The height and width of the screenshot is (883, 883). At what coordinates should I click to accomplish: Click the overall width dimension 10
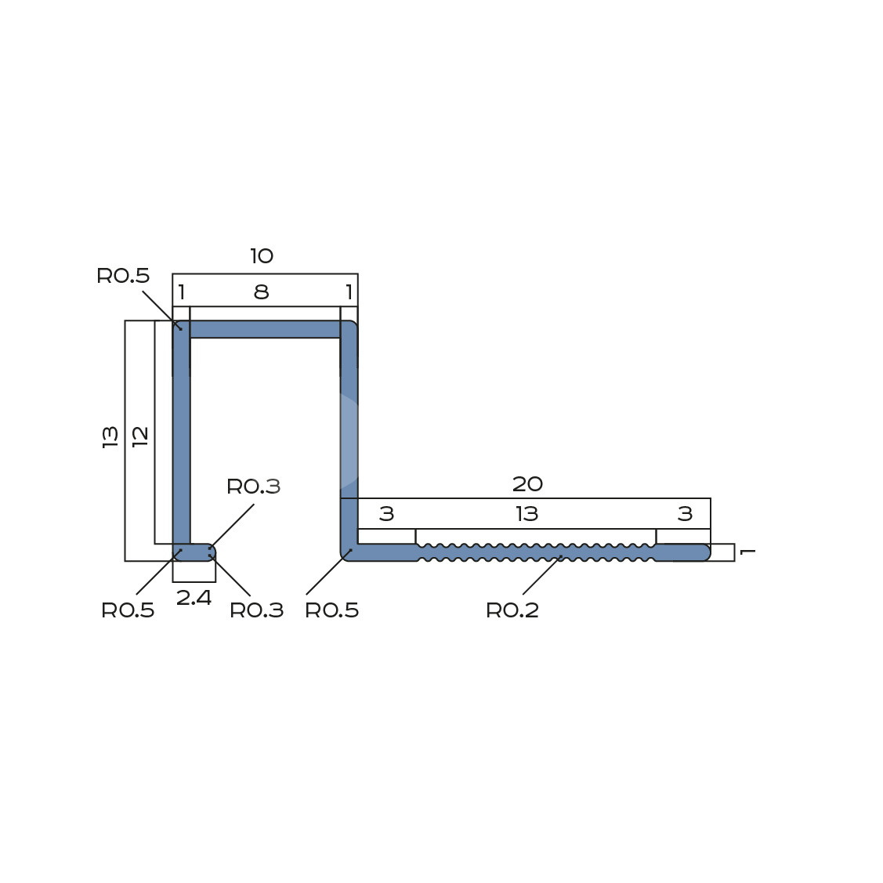(262, 256)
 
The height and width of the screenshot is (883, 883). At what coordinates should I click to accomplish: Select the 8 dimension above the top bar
(262, 291)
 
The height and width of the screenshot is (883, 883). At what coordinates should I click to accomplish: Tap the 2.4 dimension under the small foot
(194, 598)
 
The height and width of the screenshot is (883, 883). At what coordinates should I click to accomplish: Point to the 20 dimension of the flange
(527, 483)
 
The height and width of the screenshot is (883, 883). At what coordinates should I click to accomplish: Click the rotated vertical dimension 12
(140, 436)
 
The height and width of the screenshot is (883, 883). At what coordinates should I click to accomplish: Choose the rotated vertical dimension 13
(110, 437)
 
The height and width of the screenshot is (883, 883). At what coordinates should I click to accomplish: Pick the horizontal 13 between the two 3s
(527, 514)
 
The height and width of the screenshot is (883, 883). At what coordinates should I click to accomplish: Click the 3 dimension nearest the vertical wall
(386, 514)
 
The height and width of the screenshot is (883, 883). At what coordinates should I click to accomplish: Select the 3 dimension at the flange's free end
(685, 514)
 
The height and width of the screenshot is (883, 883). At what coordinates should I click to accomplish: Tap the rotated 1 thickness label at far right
(747, 552)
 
